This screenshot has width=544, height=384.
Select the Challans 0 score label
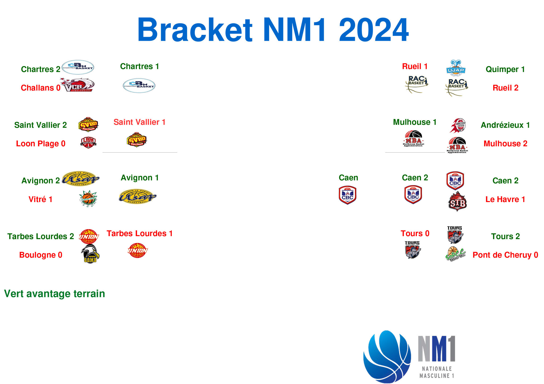click(x=41, y=88)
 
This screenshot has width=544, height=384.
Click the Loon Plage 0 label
click(x=41, y=144)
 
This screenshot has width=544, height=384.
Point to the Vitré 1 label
click(x=40, y=199)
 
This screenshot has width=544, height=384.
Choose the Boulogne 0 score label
click(x=41, y=255)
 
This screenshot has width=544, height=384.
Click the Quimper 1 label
click(x=505, y=69)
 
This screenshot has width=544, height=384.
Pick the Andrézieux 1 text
click(x=505, y=125)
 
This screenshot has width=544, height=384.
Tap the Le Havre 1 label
click(x=505, y=199)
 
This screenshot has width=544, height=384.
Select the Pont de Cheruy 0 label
click(x=505, y=255)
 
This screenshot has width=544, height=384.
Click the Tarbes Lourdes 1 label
click(x=139, y=233)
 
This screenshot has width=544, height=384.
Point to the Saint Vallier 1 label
click(x=139, y=122)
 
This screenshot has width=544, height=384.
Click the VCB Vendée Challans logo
click(x=77, y=85)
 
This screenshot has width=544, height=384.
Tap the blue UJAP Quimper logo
click(x=456, y=68)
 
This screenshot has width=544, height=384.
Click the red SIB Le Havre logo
click(x=457, y=202)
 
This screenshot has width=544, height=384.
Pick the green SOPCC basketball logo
click(x=455, y=254)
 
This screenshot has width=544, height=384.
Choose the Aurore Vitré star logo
click(x=88, y=198)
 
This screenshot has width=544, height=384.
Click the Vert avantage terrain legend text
click(x=54, y=294)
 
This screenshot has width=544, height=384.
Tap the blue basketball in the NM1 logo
click(x=387, y=357)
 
